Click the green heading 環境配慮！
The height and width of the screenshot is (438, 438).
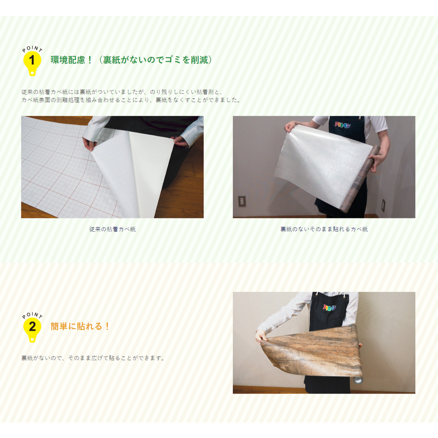pos(71,60)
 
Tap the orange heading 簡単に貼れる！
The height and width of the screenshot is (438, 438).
pos(80,326)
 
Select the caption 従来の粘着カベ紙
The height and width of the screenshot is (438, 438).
pos(112,229)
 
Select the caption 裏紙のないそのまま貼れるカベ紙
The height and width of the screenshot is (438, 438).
pos(324,229)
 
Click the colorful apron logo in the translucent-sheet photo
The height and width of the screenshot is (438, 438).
pos(343,124)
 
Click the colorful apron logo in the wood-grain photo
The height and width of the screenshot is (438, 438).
pos(329,307)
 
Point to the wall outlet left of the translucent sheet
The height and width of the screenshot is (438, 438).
pos(242,201)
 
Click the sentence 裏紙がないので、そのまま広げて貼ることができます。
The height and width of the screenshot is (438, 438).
pos(93,358)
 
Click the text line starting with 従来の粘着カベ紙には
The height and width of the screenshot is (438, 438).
pos(122,92)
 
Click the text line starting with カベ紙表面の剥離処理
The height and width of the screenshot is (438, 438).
pos(131,100)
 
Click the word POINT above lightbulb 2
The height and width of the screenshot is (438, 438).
pos(33,315)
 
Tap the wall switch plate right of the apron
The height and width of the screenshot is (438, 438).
pos(384,205)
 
